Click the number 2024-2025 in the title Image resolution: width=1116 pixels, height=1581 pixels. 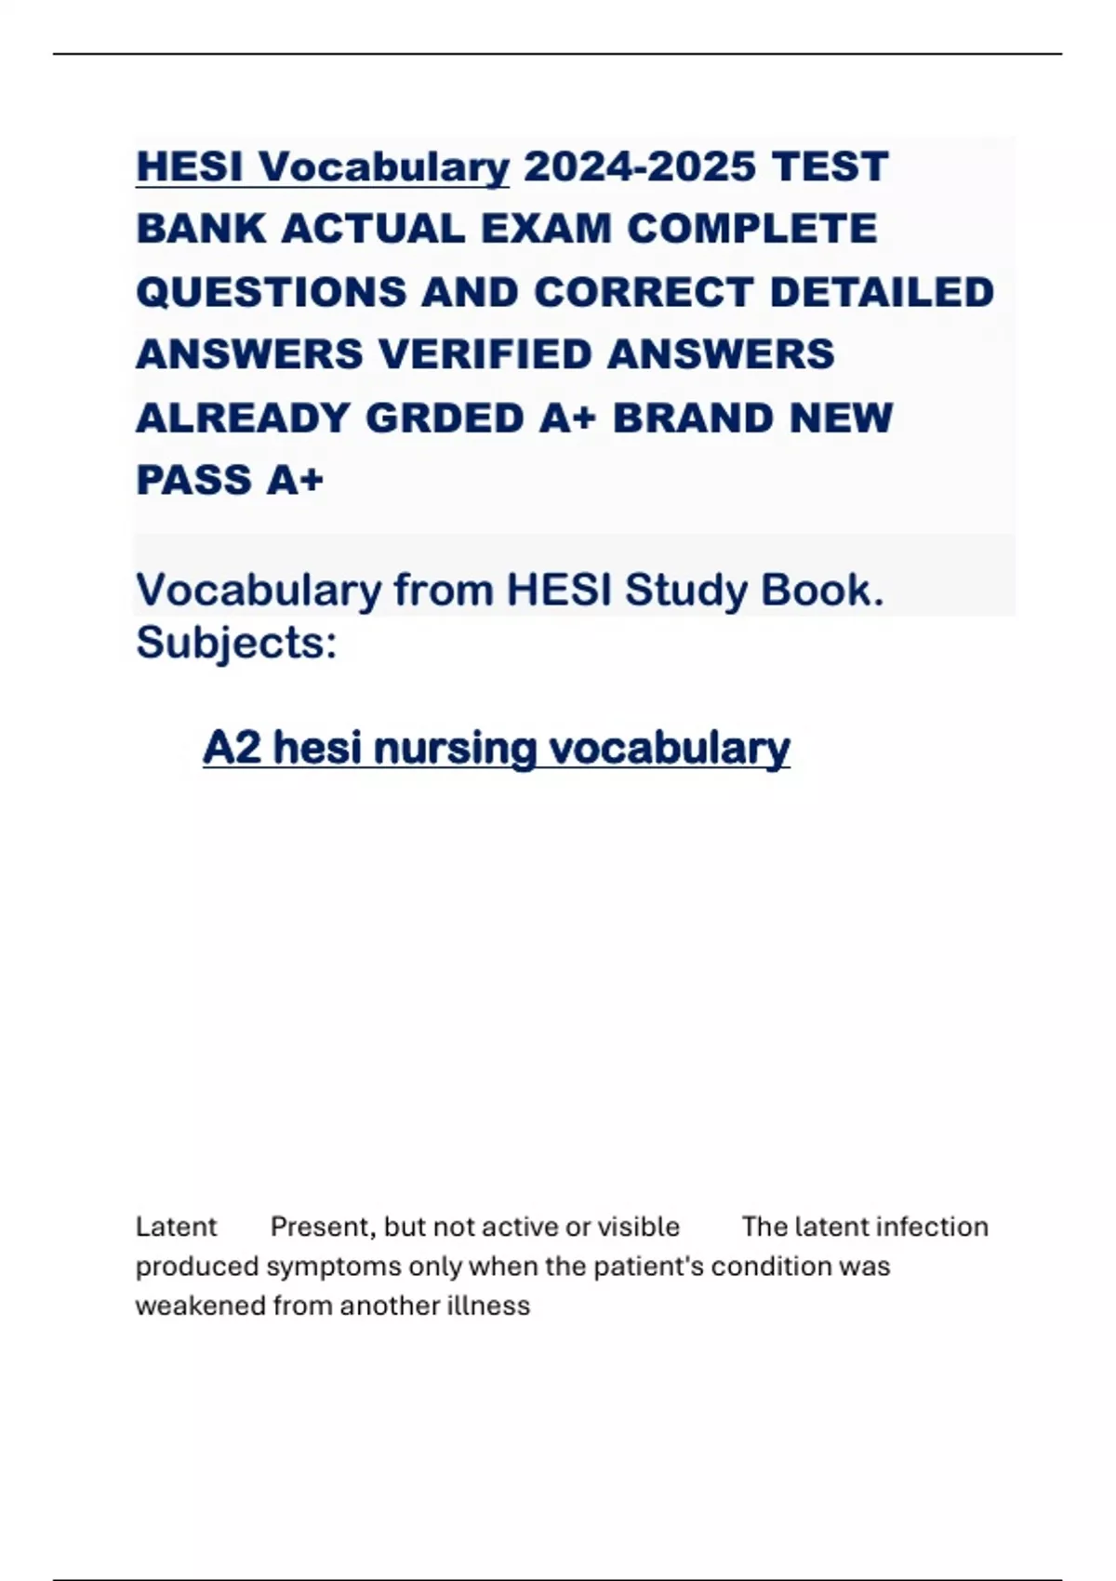click(x=640, y=167)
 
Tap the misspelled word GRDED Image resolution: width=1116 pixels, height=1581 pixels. click(x=445, y=418)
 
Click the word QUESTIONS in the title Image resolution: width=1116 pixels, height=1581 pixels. click(x=271, y=292)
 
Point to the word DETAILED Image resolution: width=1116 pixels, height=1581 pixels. click(x=882, y=292)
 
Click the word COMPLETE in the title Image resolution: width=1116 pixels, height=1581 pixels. click(x=751, y=229)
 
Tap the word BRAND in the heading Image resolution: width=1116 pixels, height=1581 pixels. click(x=693, y=418)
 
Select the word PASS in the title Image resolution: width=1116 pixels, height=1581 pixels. click(x=193, y=480)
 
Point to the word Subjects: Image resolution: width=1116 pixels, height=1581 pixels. click(x=236, y=643)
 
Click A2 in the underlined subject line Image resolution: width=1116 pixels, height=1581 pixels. click(x=232, y=748)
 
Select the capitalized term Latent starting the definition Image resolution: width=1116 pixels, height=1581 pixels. click(x=176, y=1227)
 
